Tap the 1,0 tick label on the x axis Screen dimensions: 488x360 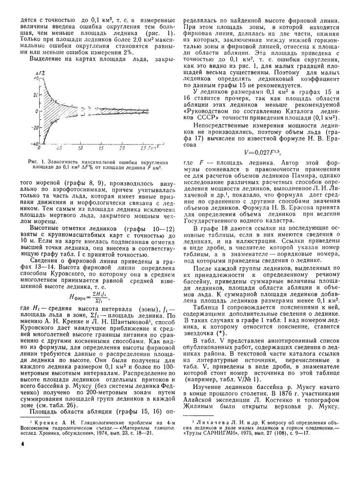coord(80,147)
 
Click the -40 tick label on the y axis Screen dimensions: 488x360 coord(22,143)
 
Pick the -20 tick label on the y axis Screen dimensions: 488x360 coord(22,127)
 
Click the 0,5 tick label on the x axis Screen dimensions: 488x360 coord(59,147)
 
